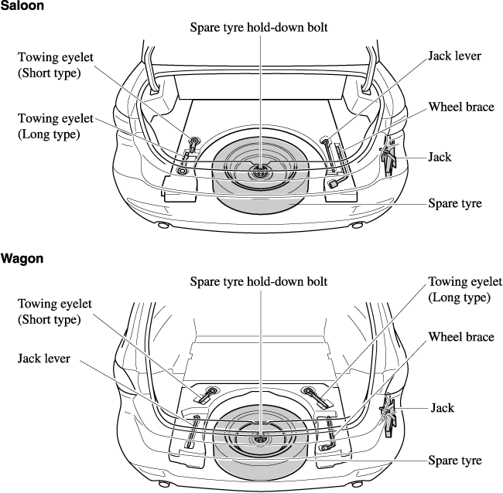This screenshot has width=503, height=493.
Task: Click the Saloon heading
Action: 22,6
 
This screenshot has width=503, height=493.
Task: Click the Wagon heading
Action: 22,259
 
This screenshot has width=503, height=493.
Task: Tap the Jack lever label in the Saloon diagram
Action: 455,56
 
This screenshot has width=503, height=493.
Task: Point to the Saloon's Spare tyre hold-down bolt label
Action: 259,27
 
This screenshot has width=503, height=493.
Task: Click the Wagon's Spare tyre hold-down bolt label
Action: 259,280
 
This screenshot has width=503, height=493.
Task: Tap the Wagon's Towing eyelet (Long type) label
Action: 465,289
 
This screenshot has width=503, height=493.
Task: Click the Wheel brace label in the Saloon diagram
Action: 461,107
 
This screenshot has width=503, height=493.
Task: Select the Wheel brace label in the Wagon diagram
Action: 461,337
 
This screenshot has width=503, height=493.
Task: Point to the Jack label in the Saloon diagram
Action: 440,157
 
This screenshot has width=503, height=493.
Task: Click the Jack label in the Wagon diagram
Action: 443,407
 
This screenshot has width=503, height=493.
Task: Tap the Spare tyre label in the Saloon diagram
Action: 455,204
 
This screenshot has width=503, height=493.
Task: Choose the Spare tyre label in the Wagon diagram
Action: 455,461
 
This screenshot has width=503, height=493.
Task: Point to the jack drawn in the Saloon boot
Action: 388,158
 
